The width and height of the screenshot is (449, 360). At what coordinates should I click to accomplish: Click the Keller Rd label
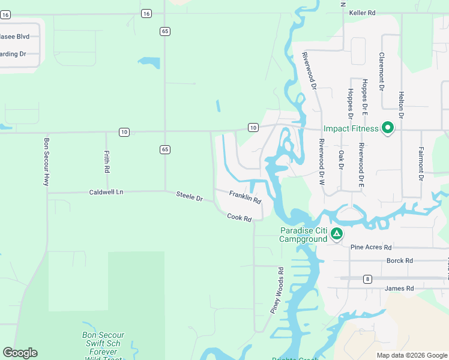point(362,12)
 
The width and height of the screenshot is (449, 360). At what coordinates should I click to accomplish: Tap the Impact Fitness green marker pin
point(388,128)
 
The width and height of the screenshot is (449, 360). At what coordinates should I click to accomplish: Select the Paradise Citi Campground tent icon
point(337,234)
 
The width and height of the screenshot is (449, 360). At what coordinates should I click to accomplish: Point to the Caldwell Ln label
point(106,192)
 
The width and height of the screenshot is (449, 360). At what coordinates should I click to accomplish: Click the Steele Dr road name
point(189,196)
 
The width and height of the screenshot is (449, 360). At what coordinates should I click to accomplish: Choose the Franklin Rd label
point(245,197)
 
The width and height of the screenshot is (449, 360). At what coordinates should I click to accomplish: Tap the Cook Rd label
point(239,218)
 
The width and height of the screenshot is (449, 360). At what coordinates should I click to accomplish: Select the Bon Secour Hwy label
point(46,162)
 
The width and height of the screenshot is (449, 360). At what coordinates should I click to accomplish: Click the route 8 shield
point(367,278)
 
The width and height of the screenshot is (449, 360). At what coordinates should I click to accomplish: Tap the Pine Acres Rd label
point(371,247)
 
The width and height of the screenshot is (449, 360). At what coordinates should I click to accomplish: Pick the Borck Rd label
point(400,261)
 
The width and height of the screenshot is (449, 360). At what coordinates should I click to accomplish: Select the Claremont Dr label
point(381,71)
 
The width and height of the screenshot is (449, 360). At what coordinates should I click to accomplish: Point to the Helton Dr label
point(402,105)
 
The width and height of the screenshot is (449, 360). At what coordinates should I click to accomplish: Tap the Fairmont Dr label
point(421,164)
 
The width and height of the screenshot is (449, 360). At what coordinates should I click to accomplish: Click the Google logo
point(20,353)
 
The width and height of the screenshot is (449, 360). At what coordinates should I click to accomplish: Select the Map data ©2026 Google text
point(411,355)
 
